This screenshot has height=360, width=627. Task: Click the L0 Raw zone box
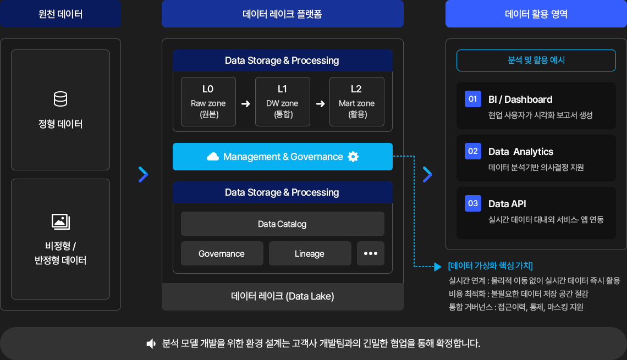(208, 102)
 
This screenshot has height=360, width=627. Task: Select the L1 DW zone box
(282, 102)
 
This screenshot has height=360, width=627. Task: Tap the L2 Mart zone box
(357, 102)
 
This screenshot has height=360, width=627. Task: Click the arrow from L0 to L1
(245, 104)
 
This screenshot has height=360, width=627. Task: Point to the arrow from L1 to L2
(320, 104)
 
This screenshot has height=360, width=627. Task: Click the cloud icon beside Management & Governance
(213, 157)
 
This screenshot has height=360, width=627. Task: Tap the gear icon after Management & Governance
(353, 157)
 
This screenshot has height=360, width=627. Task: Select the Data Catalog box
(282, 224)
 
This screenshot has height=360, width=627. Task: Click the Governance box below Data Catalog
(222, 253)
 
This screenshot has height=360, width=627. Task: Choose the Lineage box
(310, 253)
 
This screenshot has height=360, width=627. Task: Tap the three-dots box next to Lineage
(371, 253)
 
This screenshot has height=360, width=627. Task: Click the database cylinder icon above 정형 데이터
(61, 99)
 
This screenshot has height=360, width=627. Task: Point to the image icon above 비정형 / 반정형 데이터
(61, 221)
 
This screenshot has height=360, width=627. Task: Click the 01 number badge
(472, 99)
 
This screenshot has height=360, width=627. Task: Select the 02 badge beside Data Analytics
(472, 152)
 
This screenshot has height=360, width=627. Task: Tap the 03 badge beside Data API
(472, 203)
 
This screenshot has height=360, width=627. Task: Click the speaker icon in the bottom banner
(151, 344)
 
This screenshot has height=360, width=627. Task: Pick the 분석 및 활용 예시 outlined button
(536, 60)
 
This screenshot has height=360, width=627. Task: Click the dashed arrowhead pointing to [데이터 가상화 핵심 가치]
(438, 267)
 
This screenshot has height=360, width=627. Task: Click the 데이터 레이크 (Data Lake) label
(282, 296)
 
